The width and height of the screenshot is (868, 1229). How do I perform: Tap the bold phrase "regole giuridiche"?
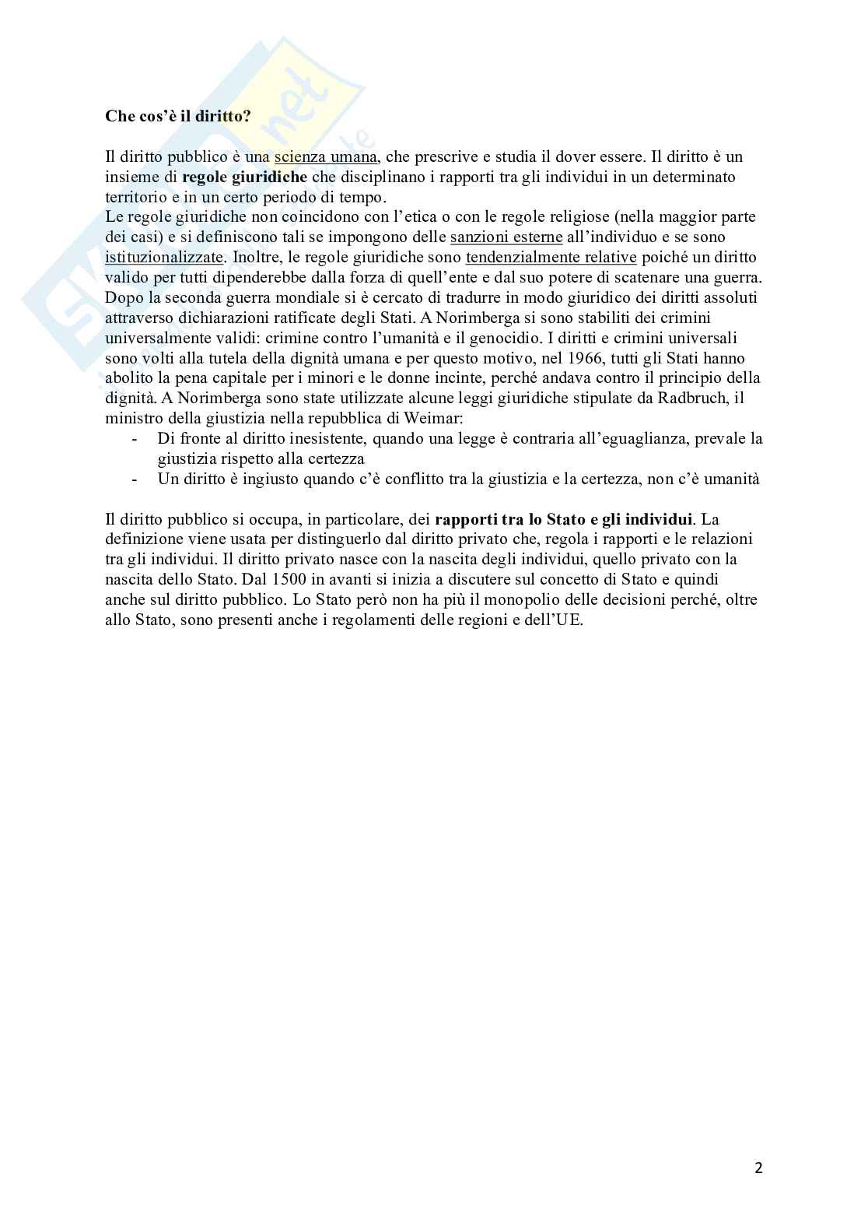click(245, 177)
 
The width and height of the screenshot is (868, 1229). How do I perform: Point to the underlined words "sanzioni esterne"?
click(506, 237)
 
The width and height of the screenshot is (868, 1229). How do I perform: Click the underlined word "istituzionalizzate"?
click(164, 257)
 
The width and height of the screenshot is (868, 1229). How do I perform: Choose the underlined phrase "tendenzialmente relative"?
click(551, 257)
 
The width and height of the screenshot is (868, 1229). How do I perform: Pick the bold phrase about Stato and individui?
click(564, 519)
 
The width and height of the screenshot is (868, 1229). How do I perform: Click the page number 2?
click(758, 1168)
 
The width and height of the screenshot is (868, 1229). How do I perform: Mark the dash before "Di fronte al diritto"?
click(135, 439)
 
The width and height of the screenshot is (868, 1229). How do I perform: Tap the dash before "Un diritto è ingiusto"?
click(135, 479)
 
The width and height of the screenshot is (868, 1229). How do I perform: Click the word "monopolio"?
click(512, 599)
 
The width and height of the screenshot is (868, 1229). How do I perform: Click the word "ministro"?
click(132, 419)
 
